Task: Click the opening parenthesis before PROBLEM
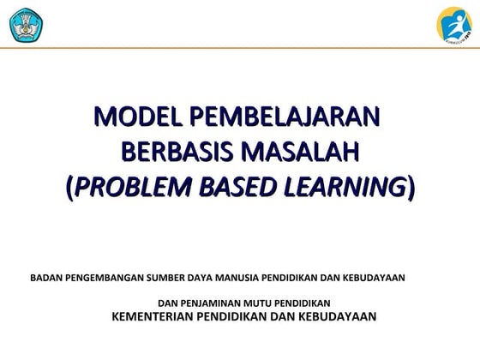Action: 69,187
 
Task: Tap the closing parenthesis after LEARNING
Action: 411,187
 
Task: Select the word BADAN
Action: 45,278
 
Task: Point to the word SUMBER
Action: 166,278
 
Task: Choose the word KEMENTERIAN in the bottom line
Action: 154,316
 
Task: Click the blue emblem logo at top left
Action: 26,23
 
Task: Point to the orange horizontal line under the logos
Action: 240,48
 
